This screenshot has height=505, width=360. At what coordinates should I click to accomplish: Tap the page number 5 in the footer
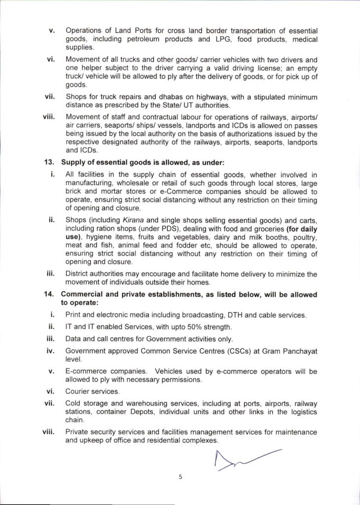pyautogui.click(x=180, y=477)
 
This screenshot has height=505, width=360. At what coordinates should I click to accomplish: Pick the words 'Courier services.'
pyautogui.click(x=93, y=391)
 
